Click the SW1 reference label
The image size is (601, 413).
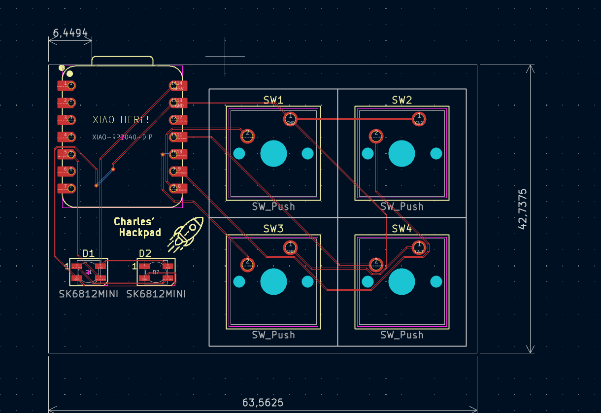coord(273,100)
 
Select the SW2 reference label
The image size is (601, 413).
coord(401,100)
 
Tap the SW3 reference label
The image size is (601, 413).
coord(273,229)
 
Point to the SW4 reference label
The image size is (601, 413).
coord(401,229)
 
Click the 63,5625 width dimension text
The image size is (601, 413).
coord(263,402)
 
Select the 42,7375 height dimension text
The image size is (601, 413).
coord(523,208)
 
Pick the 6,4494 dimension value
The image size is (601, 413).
coord(70,33)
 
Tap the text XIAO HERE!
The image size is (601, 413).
coord(121,120)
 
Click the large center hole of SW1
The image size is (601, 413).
coord(273,153)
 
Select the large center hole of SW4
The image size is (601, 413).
coord(401,281)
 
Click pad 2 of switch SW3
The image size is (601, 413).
coord(247,264)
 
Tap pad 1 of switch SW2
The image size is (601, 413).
coord(419,118)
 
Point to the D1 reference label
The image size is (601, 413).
coord(88,253)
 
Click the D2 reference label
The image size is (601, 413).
coord(145,253)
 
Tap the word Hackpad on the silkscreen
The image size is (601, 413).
coord(140,233)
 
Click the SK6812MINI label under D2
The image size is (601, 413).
coord(156,294)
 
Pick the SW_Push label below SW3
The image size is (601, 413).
coord(273,335)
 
